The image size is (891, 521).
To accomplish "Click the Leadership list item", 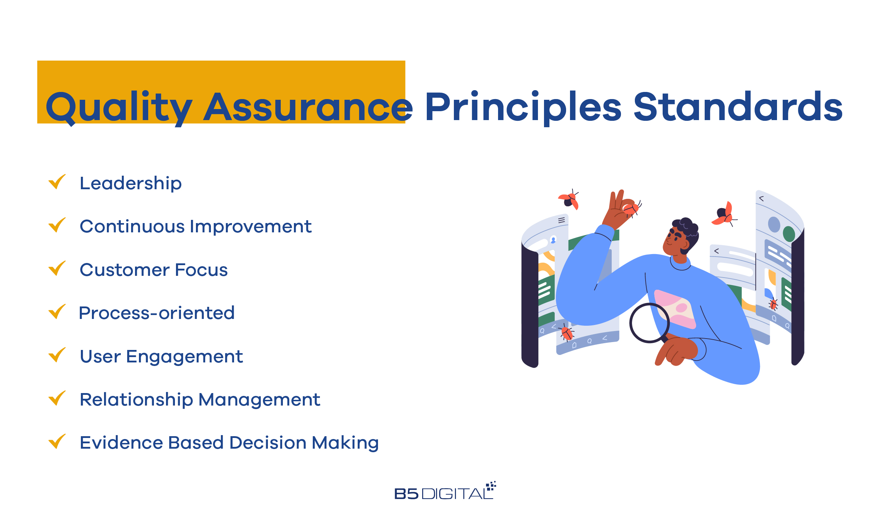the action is [131, 184].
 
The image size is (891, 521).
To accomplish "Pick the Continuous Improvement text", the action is [196, 227].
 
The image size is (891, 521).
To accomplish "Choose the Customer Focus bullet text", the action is [154, 270].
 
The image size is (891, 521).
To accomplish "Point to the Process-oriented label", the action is [157, 313].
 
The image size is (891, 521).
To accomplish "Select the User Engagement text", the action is [161, 357].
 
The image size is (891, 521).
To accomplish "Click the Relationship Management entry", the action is [200, 400].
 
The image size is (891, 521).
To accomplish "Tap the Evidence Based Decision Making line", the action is [229, 443].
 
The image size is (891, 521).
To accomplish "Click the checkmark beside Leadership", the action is [57, 182].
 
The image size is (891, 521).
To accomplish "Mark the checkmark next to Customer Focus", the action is [57, 268].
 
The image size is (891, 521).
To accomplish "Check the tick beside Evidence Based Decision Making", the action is [57, 442].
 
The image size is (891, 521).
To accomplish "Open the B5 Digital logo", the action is [445, 491].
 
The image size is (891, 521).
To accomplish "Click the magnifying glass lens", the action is [649, 323].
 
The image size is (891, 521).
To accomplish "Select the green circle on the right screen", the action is [789, 234].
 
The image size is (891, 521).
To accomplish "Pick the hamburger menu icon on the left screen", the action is [561, 220].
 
